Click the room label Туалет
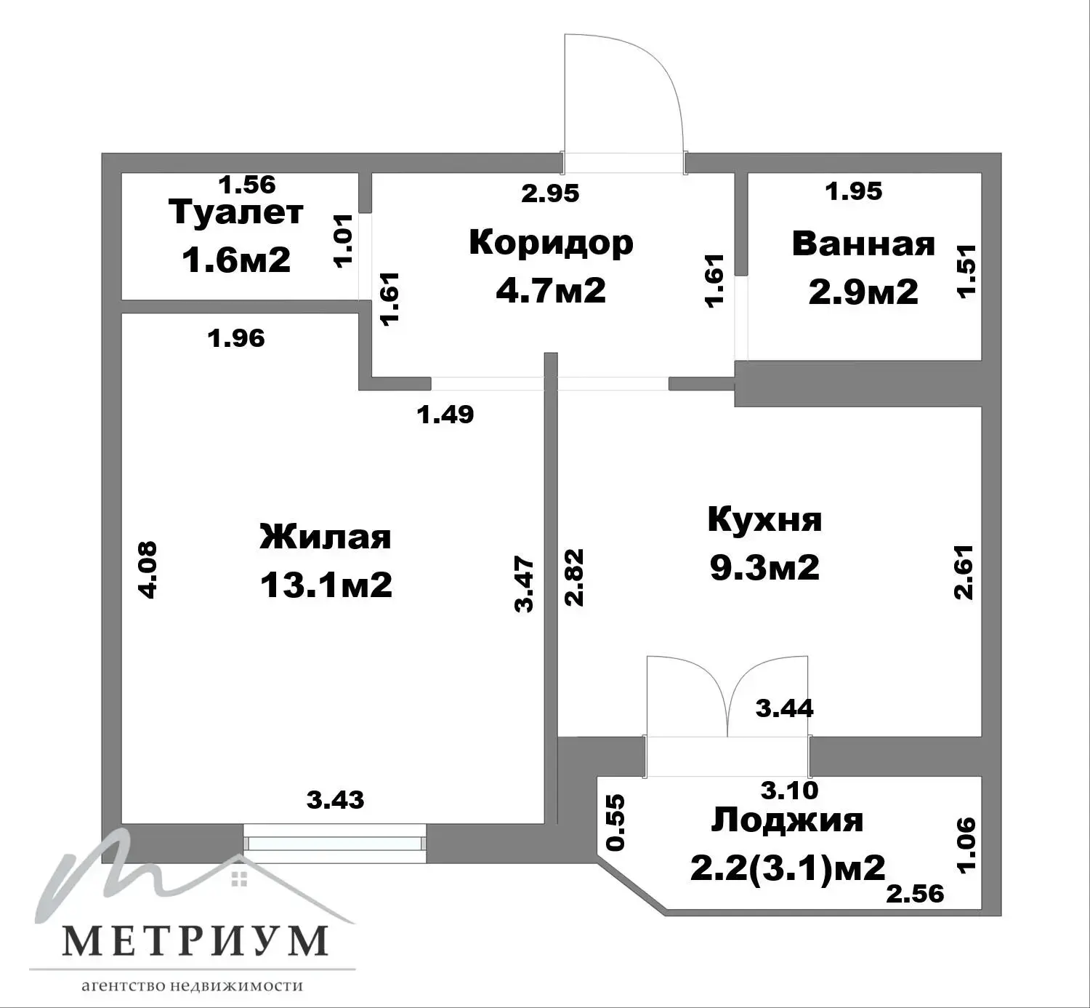coord(236,212)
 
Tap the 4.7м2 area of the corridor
coord(551,290)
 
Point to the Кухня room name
coord(764,520)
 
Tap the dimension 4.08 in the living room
coord(148,569)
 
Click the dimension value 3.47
coord(524,584)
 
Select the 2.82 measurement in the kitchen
coord(574,577)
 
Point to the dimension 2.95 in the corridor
coord(550,193)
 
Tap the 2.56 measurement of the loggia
coord(915,894)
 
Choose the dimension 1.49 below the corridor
coord(445,415)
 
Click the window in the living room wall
coord(335,844)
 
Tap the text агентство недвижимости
coord(192,985)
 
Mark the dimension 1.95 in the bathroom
coord(854,191)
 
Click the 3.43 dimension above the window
coord(335,800)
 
